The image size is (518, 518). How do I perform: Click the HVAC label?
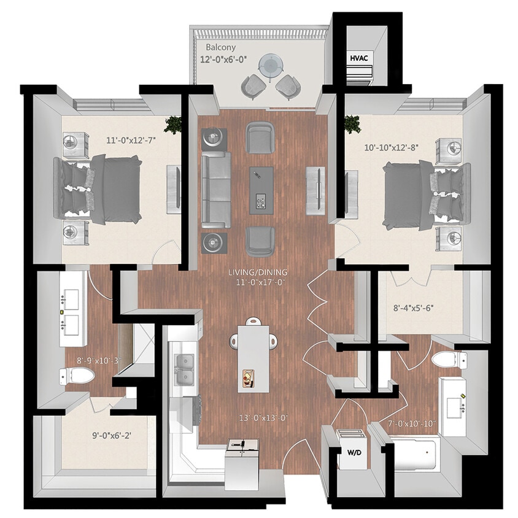[x=359, y=58]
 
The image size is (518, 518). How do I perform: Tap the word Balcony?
[x=221, y=47]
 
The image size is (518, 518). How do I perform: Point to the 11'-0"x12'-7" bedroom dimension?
[x=131, y=141]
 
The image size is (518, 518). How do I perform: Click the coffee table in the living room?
[x=261, y=190]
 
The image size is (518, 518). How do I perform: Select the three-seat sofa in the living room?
[x=216, y=189]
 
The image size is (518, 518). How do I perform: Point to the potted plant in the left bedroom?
[x=172, y=125]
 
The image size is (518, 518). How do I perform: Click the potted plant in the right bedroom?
[x=352, y=124]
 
